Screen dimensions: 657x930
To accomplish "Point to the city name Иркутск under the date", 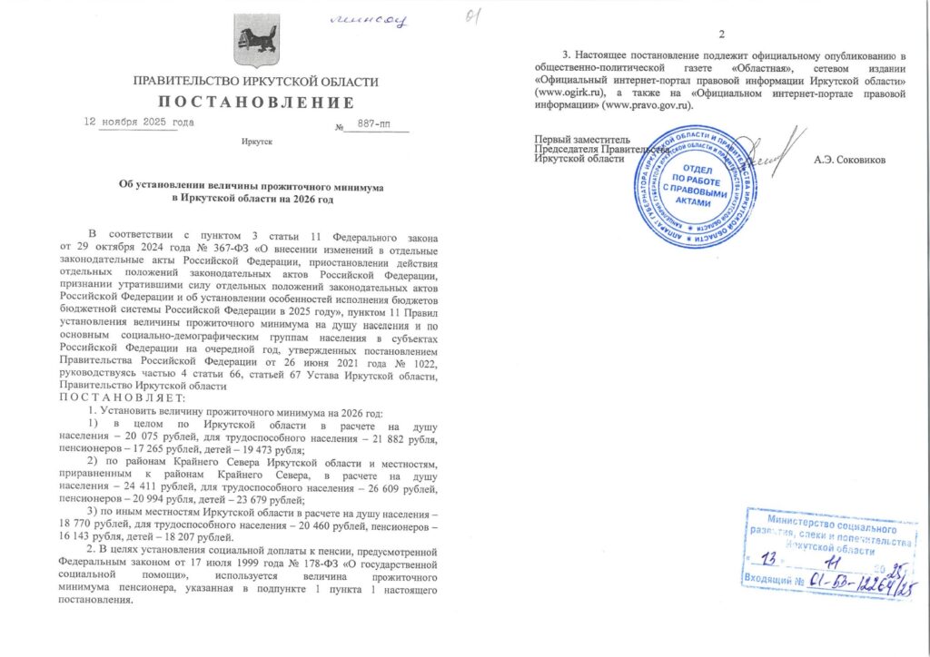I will (x=257, y=143).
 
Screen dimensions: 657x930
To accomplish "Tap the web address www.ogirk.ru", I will (x=571, y=93).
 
